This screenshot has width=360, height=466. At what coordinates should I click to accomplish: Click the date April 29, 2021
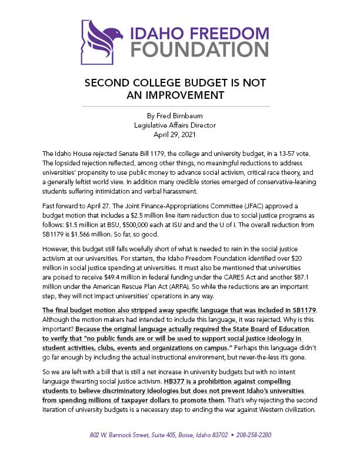click(180, 134)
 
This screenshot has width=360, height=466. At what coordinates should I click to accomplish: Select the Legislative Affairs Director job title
click(180, 125)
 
